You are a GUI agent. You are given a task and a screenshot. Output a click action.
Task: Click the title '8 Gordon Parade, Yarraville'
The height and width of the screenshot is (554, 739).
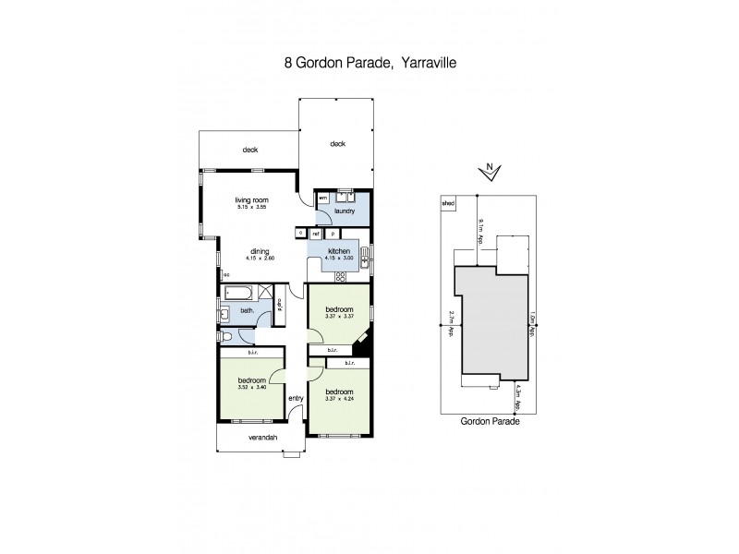coord(369,66)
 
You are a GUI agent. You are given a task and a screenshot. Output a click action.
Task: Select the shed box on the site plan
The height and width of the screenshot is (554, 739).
coord(448,204)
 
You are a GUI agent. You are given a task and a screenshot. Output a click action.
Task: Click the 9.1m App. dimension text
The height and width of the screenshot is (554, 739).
coord(480,230)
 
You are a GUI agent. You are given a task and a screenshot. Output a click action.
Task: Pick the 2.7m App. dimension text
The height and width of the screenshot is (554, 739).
coord(450,325)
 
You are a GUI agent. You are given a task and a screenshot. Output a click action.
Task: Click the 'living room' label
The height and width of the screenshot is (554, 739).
coord(250,199)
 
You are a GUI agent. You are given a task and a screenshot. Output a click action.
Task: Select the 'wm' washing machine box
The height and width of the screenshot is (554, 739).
coord(323,198)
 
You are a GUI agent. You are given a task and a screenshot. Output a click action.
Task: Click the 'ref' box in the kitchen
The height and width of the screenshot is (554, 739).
coord(316,234)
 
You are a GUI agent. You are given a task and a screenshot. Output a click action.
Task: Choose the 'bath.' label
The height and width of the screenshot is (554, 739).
coord(247,311)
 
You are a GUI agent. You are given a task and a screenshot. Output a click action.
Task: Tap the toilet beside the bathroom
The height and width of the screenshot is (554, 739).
coord(226,337)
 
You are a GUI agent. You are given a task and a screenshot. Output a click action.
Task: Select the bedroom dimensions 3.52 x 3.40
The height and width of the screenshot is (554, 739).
coord(251,388)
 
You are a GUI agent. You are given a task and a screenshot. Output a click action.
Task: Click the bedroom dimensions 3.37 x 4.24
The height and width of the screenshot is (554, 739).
coord(339,399)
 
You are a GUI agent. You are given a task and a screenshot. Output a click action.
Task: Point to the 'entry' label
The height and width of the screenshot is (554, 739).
coord(296,398)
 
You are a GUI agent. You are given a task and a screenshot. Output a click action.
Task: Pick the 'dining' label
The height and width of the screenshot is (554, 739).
coord(259,250)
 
